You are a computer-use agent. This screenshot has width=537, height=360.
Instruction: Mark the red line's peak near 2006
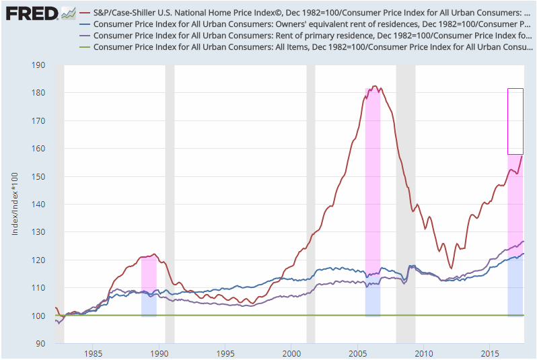coord(375,86)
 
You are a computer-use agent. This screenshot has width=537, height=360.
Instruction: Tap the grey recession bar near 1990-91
coord(170,202)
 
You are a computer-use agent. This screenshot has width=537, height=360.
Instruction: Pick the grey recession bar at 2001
coord(310,202)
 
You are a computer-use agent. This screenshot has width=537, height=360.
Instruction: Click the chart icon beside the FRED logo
coord(68,13)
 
